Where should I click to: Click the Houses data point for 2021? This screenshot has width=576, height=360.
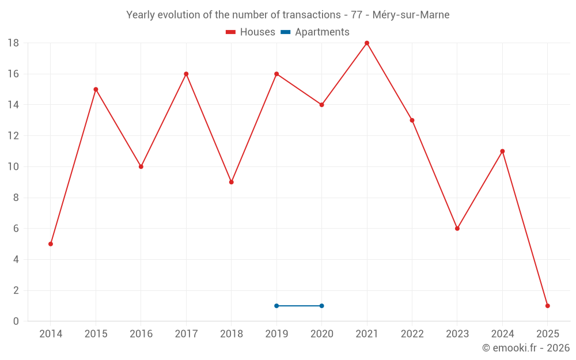click(367, 43)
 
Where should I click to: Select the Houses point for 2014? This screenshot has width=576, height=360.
click(51, 244)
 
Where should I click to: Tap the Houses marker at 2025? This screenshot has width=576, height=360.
click(547, 306)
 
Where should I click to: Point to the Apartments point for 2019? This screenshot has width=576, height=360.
click(276, 306)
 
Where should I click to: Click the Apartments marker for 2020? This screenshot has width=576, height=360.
click(321, 306)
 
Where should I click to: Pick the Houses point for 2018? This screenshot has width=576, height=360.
click(232, 182)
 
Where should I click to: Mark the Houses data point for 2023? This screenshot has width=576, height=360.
click(457, 229)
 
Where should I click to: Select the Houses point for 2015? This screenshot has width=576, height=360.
click(96, 89)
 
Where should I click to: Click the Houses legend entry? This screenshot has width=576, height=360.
click(251, 32)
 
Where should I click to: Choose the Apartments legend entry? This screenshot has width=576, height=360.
click(315, 32)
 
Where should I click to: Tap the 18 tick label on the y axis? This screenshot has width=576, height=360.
click(13, 43)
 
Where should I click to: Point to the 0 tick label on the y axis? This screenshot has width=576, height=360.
click(16, 321)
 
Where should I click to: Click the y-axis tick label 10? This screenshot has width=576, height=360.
click(13, 167)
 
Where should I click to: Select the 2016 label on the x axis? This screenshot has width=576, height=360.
click(141, 334)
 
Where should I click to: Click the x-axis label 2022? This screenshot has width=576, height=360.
click(412, 334)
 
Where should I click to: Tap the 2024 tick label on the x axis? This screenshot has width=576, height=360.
click(502, 334)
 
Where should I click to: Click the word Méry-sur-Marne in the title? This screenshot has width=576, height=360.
click(411, 15)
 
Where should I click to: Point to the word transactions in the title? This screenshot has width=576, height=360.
click(305, 15)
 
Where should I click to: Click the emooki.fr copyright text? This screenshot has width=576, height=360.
click(525, 348)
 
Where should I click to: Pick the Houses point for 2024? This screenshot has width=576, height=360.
click(502, 151)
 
